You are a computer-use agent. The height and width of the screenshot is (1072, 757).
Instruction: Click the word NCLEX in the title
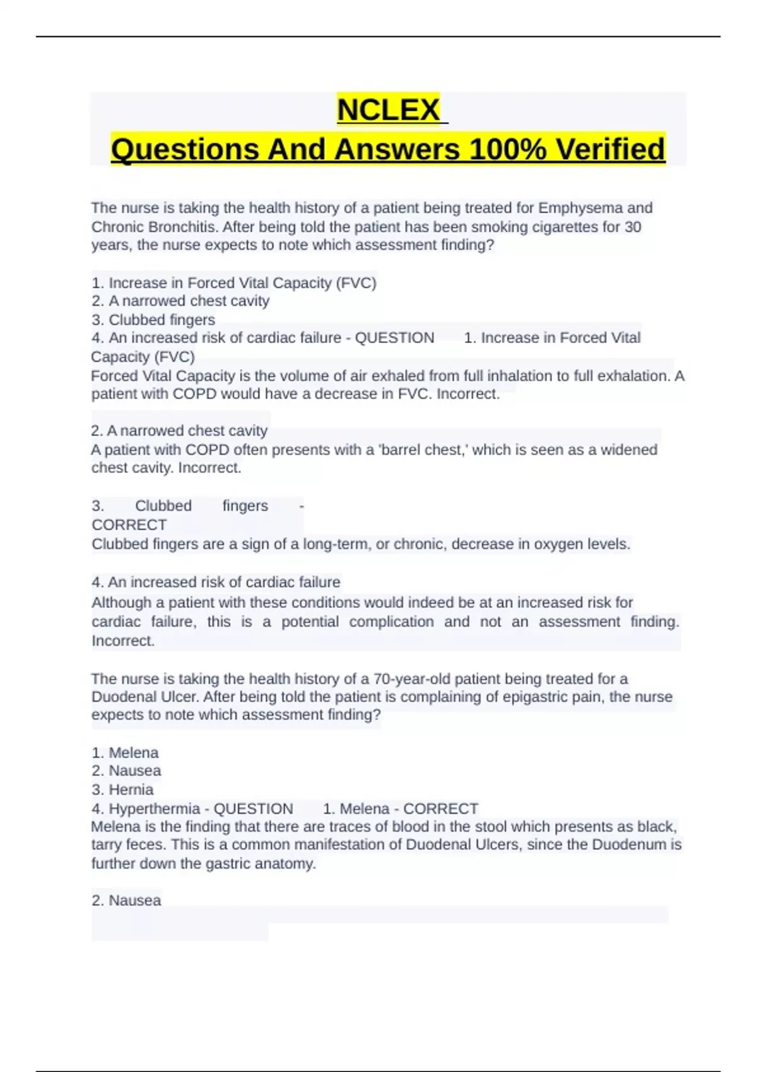[389, 110]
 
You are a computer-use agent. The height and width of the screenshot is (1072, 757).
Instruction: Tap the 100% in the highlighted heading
[508, 150]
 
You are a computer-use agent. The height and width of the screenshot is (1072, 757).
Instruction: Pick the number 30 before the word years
[633, 227]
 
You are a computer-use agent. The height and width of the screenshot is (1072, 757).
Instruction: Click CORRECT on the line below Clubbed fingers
[129, 525]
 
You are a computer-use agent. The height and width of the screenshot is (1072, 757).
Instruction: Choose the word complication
[391, 622]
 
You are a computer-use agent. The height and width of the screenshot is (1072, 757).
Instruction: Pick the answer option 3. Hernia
[122, 789]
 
